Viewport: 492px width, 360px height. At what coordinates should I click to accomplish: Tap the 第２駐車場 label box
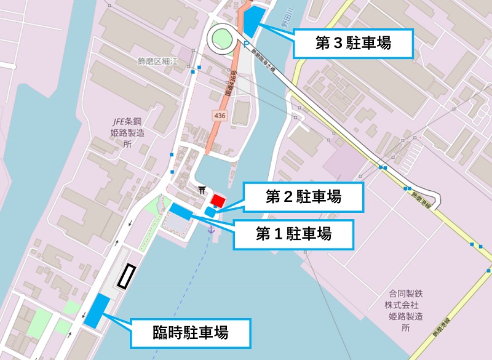303,197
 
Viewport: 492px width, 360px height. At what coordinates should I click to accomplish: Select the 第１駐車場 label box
293,234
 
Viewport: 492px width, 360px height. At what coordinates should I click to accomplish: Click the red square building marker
218,200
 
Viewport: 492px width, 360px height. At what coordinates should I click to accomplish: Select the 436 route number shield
220,115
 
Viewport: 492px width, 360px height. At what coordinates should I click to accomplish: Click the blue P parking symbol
247,44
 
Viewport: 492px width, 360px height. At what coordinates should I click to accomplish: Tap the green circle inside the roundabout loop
222,40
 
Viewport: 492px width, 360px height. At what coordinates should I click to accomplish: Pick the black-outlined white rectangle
126,276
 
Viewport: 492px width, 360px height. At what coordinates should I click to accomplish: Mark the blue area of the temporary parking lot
97,310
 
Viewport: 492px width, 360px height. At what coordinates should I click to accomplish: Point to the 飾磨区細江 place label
158,61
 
